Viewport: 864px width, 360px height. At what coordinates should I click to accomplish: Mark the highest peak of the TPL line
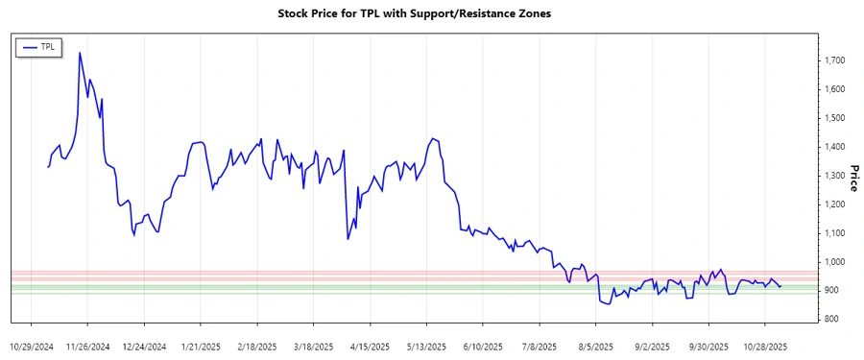tap(80, 53)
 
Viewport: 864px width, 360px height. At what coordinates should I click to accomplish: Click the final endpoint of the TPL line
tap(781, 286)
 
